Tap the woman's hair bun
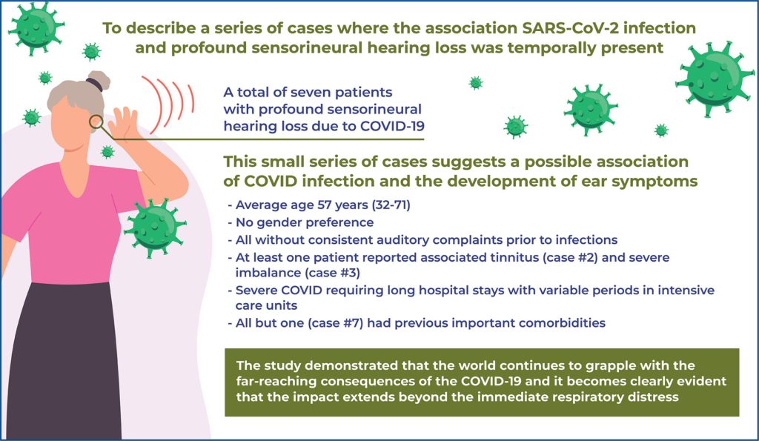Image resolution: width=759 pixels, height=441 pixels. coord(99,81)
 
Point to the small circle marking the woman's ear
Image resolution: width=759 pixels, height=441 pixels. coord(96,122)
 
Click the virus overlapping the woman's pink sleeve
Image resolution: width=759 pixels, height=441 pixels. coord(155,228)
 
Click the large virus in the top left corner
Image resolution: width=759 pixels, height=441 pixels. coord(36,27)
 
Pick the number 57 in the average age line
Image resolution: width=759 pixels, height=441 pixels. coord(325,205)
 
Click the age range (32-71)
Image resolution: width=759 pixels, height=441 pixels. coord(391,205)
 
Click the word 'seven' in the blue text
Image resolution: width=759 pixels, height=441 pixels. coord(305,92)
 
